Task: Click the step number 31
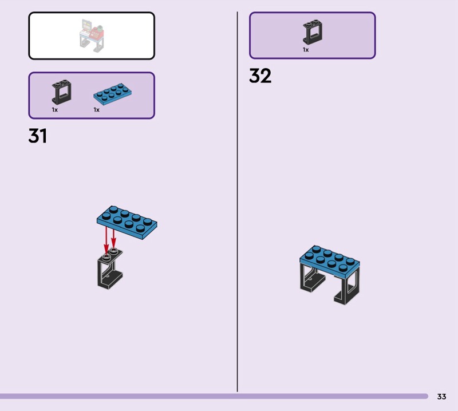click(x=38, y=136)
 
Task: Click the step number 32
click(x=260, y=76)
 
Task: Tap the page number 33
click(x=441, y=396)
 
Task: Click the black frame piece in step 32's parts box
click(x=312, y=32)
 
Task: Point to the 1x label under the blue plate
click(x=97, y=109)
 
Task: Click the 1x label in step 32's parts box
click(x=306, y=50)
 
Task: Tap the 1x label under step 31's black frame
click(x=55, y=109)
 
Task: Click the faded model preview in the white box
click(x=91, y=35)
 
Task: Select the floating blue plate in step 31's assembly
click(x=127, y=222)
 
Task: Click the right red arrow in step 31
click(x=113, y=236)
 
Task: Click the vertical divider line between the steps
click(x=238, y=200)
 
